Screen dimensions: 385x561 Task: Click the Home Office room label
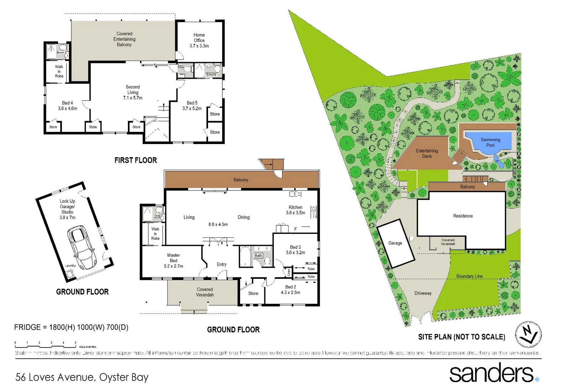[199, 40]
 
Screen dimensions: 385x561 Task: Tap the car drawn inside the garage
[82, 247]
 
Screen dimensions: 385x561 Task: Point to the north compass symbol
[529, 334]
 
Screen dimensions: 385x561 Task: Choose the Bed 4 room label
[67, 106]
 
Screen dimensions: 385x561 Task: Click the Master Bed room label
[173, 261]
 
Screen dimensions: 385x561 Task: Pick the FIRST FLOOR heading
[136, 160]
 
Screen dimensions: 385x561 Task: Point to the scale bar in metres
[45, 344]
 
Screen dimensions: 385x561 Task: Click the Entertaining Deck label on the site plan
[427, 154]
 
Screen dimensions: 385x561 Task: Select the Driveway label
[423, 293]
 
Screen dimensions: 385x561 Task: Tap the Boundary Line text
[469, 276]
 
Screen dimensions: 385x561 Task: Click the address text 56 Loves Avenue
[82, 377]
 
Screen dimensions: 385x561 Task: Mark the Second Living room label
[133, 92]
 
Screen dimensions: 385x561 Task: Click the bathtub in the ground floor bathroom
[245, 256]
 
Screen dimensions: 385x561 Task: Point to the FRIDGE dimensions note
[71, 327]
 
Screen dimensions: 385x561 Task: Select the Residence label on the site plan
[463, 216]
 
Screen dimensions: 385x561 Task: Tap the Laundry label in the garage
[70, 266]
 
